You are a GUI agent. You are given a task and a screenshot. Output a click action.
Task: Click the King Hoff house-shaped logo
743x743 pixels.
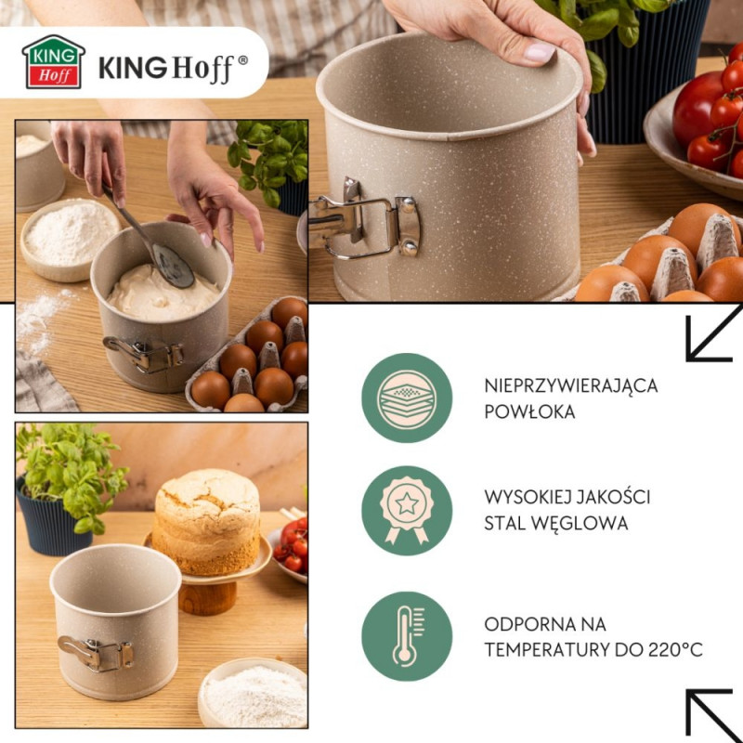54,62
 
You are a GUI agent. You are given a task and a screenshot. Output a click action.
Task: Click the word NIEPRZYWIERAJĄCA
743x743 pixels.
571,385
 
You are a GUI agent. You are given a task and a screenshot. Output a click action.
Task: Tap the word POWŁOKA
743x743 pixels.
529,411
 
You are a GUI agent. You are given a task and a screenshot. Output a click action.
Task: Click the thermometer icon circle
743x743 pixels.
407,636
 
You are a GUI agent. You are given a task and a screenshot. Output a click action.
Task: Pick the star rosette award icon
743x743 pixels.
407,510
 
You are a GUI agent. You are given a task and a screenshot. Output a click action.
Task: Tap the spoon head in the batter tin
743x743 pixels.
173,266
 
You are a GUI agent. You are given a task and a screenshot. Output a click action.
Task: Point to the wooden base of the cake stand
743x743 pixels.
208,598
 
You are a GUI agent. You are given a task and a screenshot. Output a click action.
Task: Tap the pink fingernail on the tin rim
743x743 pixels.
539,51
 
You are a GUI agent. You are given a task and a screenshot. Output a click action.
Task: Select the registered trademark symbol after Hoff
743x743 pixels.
242,60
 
